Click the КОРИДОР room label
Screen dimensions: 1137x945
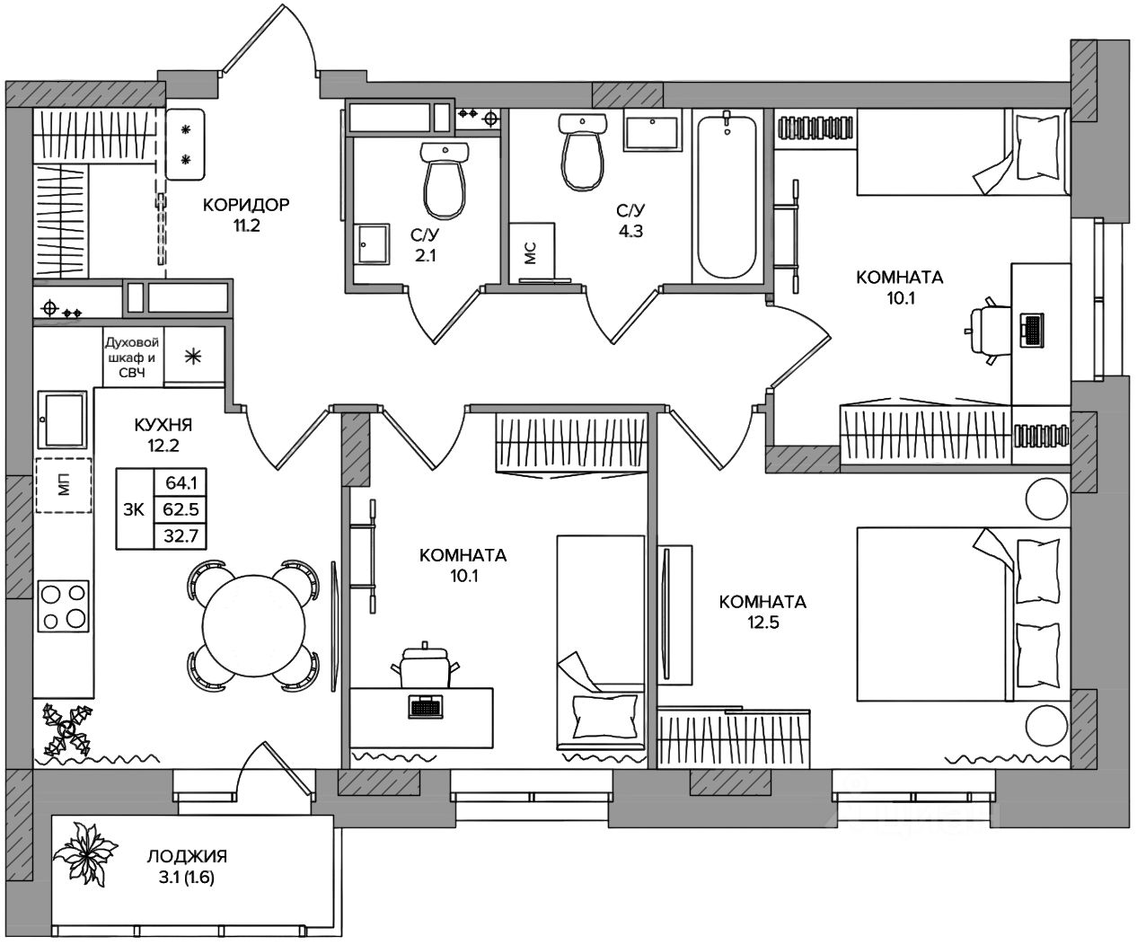tap(246, 205)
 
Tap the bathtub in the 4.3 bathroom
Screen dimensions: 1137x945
tap(727, 197)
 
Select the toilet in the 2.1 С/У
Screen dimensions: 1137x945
tap(445, 180)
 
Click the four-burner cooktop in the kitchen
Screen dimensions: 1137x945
tap(63, 605)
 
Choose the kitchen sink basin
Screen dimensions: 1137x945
tap(63, 420)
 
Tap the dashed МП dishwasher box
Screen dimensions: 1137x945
tap(64, 485)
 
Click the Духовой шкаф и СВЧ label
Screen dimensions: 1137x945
tap(132, 358)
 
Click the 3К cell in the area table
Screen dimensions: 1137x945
tap(134, 509)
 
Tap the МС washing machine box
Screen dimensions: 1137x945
tap(532, 252)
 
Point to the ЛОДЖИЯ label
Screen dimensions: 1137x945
tap(187, 856)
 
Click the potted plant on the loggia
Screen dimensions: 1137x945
tap(85, 853)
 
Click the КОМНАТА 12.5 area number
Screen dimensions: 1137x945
tap(762, 623)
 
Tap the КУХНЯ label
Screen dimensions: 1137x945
tap(163, 425)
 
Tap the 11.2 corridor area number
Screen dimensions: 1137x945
tap(247, 225)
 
